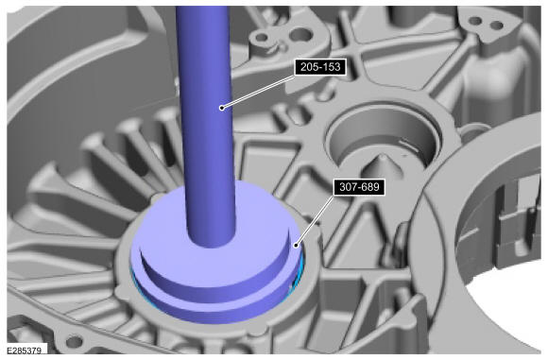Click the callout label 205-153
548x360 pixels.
coord(320,67)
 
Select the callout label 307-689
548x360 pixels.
coord(359,187)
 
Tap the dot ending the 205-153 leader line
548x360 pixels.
coord(222,108)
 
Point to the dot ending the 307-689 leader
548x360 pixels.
coord(296,246)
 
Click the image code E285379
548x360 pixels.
coord(25,351)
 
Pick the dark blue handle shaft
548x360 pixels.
coord(206,126)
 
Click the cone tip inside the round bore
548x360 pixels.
coord(384,158)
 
